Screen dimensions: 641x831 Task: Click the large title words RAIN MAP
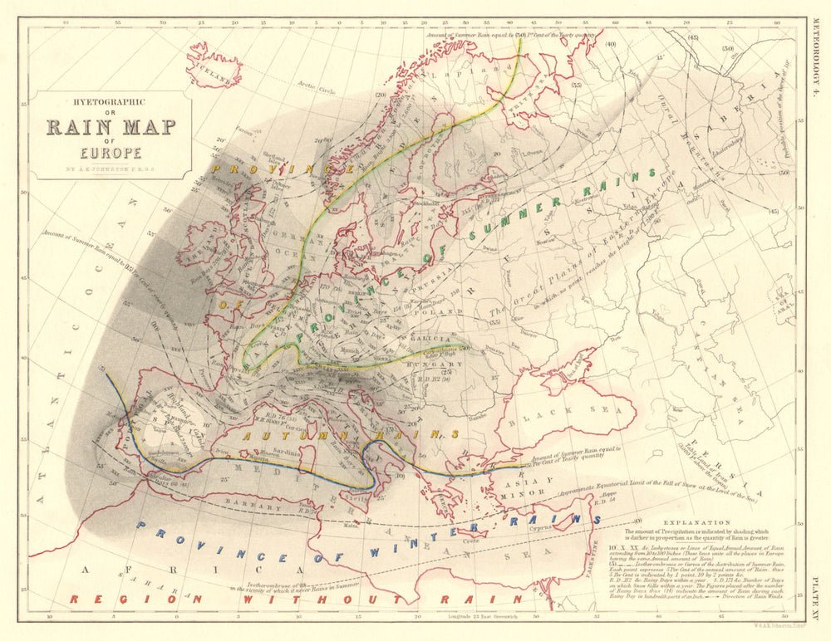pyautogui.click(x=110, y=128)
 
